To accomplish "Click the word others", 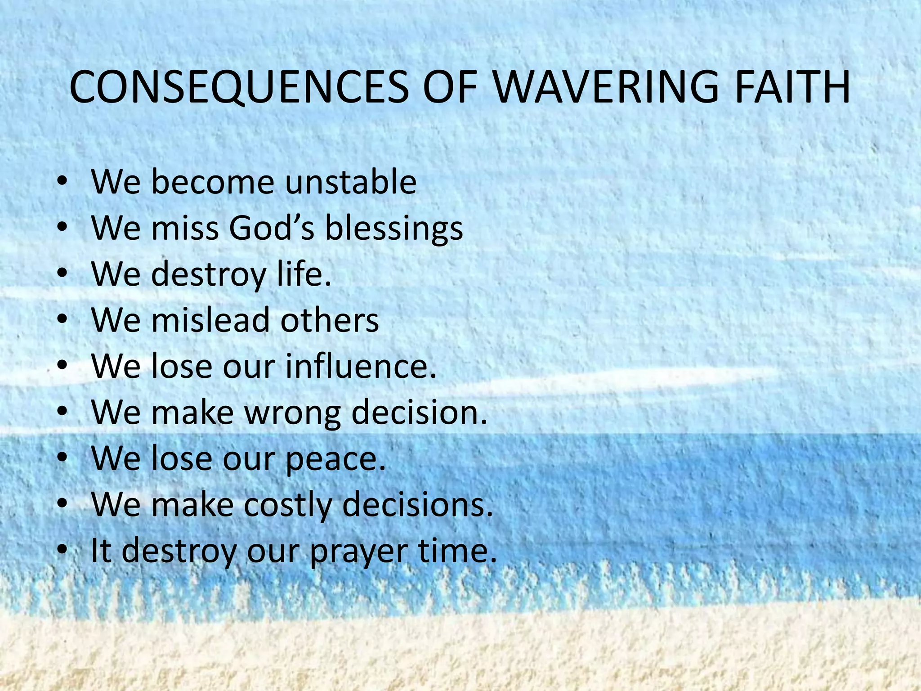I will coord(330,320).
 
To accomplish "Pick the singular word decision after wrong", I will coord(419,412).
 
